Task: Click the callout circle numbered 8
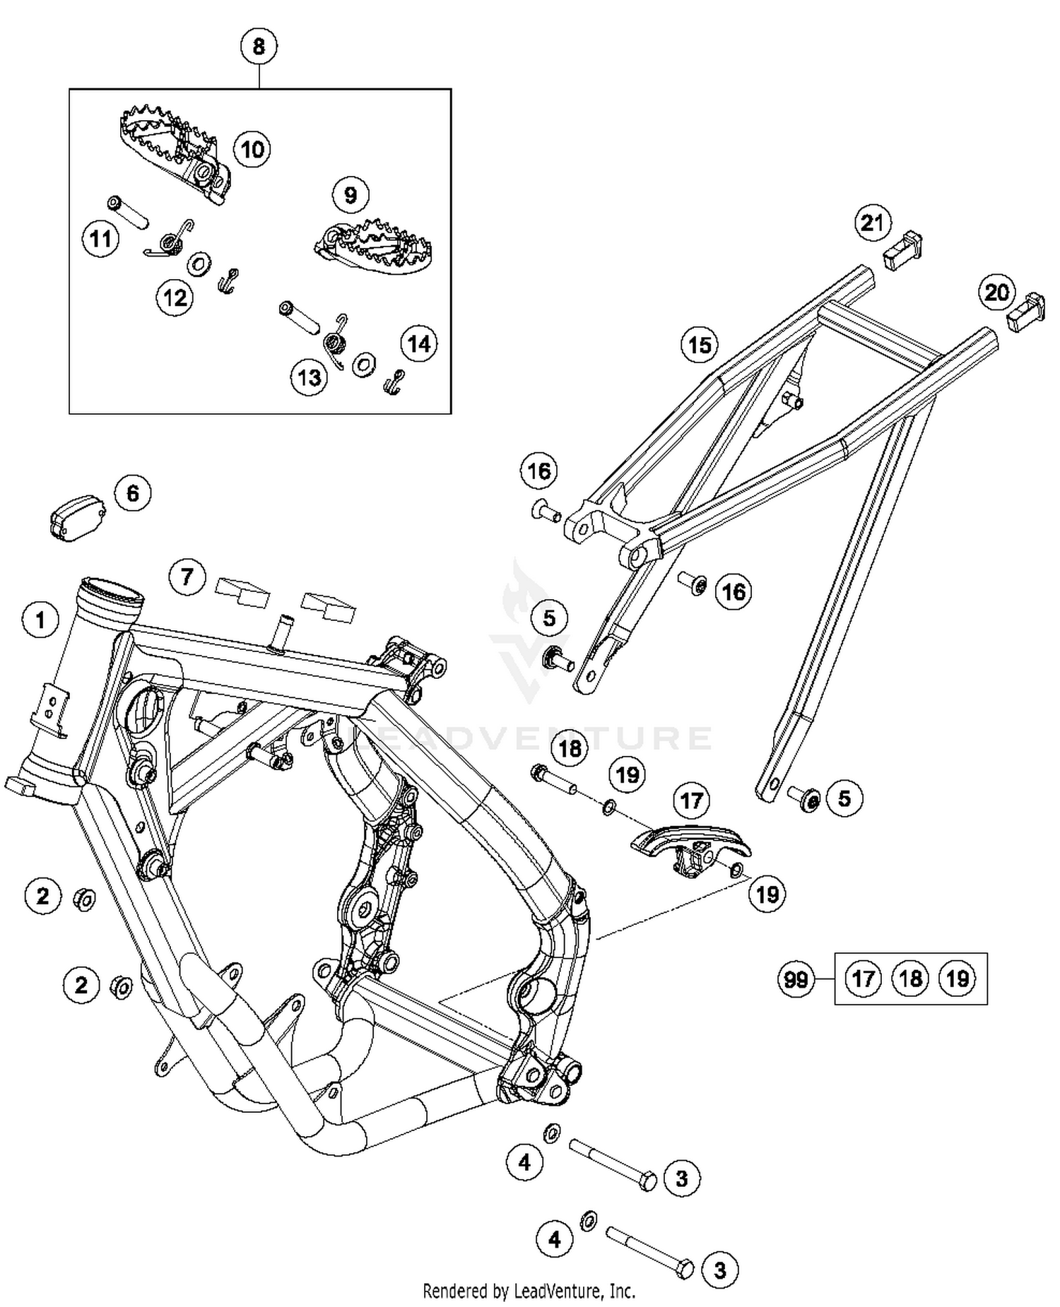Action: (x=259, y=47)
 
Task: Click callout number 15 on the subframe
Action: (x=700, y=345)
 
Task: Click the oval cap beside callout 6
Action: (x=78, y=518)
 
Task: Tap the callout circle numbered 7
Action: (x=187, y=577)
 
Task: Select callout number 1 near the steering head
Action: (x=40, y=620)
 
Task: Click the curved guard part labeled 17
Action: (x=689, y=844)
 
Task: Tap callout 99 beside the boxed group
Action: (x=796, y=979)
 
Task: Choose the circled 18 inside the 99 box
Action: (x=910, y=978)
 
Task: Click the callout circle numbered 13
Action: (x=310, y=378)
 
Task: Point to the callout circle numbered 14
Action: (x=419, y=344)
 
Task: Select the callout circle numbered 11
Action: (x=100, y=239)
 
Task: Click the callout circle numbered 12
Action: (x=175, y=297)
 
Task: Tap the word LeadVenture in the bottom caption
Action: (x=552, y=1291)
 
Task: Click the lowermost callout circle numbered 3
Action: (x=719, y=1270)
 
